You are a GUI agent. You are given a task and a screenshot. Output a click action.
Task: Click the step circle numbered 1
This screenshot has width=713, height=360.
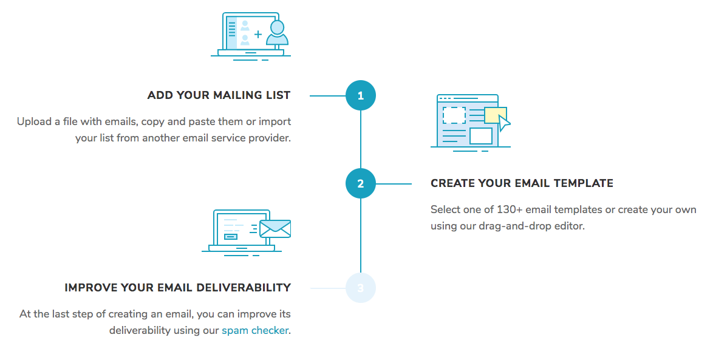coord(361,96)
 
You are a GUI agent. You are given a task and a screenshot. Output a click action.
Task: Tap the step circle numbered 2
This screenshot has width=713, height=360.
coord(361,183)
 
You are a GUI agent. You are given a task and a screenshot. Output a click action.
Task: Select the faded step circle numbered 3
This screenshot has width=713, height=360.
coord(361,288)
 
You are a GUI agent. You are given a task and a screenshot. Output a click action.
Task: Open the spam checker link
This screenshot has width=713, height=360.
coord(255,331)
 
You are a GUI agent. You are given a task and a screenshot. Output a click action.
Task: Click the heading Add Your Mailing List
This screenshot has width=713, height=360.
coord(219,95)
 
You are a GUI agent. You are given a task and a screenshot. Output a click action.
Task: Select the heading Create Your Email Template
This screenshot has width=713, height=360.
coord(522,183)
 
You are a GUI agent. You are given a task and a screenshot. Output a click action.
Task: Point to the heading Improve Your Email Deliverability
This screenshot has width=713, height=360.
coord(177,288)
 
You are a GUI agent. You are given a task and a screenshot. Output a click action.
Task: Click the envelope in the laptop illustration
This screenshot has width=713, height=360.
coord(275,229)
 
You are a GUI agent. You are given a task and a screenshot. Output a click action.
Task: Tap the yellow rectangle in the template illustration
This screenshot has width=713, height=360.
coord(496,115)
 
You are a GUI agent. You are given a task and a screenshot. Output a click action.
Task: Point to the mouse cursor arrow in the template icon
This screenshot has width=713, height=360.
coord(504,124)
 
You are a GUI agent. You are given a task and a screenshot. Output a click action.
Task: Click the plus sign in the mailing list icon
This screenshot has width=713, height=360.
coord(258,35)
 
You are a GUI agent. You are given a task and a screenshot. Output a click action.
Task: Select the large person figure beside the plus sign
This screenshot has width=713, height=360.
coord(277,33)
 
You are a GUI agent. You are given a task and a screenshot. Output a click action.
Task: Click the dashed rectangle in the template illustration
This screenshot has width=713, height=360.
coord(454,115)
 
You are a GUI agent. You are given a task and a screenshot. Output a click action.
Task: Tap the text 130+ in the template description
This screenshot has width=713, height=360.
coord(511,210)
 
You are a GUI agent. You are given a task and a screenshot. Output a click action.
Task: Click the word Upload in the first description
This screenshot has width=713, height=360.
coord(34,121)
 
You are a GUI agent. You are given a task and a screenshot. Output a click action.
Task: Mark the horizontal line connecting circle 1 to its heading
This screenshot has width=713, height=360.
coord(327,96)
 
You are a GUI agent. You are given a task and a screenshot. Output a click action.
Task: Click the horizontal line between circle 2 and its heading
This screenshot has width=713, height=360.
coord(394,183)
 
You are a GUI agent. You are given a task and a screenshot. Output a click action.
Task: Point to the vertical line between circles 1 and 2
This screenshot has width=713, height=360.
coord(361,140)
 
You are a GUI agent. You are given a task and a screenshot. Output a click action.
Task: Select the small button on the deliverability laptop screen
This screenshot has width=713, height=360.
coord(231,236)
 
